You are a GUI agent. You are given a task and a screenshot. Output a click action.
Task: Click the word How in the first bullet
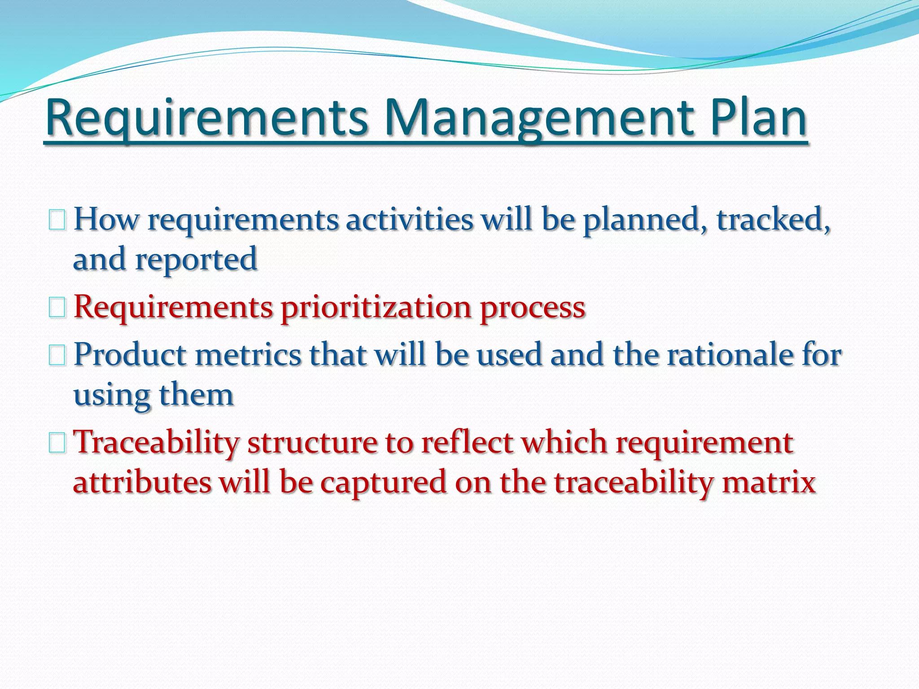point(106,220)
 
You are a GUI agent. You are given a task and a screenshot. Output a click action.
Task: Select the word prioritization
point(376,308)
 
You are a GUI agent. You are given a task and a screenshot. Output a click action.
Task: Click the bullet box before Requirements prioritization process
point(57,308)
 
